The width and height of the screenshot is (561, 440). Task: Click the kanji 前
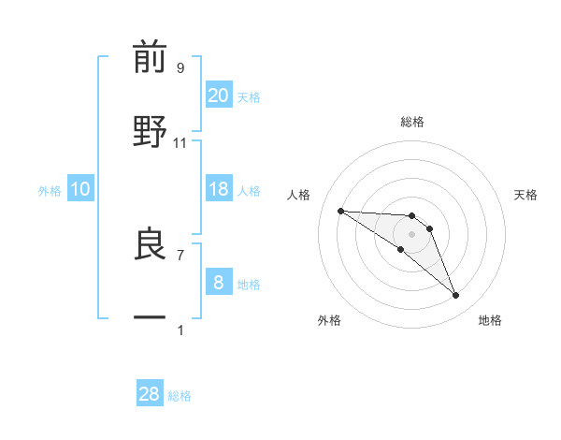tap(150, 58)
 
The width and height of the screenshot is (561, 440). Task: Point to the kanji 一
tap(150, 317)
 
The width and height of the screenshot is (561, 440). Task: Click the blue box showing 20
tap(219, 95)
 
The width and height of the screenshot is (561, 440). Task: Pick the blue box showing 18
tap(219, 189)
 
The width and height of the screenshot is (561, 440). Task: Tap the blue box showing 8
tap(219, 283)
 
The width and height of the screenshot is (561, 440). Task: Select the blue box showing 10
tap(80, 189)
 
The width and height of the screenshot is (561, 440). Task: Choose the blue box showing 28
tap(150, 394)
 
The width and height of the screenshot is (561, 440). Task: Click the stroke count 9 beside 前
tap(180, 67)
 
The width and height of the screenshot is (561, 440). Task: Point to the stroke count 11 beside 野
tap(180, 142)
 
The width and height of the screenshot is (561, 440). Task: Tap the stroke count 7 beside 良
tap(180, 254)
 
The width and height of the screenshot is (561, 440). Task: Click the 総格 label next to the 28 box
tap(180, 396)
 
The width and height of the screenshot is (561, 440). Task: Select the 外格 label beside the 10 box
tap(50, 190)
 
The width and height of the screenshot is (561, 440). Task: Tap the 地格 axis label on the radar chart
tap(490, 320)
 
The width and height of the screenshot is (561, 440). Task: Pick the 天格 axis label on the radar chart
tap(526, 195)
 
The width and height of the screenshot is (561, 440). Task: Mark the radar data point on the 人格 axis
tap(341, 211)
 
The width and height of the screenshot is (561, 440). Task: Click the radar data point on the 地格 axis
tap(456, 296)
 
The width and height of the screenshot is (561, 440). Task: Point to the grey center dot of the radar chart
tap(411, 234)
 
